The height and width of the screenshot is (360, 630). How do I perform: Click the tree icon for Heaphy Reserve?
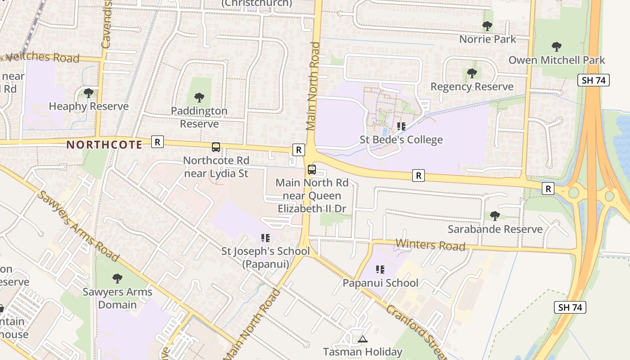(89, 93)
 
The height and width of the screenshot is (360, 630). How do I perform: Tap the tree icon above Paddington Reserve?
(199, 98)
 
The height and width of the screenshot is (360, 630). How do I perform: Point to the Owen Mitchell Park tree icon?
(557, 47)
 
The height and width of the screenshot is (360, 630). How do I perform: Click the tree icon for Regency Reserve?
(472, 73)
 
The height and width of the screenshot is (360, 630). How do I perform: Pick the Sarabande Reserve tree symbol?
(495, 216)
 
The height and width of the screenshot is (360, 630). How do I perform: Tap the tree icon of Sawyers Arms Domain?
(117, 279)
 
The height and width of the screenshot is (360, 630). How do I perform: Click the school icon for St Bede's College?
(401, 126)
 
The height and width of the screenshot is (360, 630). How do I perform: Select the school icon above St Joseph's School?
(265, 238)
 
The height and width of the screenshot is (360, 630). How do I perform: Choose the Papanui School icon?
(380, 270)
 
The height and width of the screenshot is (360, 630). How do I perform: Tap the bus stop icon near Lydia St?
(216, 147)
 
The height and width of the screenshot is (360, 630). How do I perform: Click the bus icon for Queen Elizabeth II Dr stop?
(311, 170)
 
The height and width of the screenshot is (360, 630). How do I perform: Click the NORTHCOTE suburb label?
(104, 144)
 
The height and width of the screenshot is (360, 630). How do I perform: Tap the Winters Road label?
(430, 245)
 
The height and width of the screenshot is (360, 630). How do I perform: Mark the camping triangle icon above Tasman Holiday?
(363, 339)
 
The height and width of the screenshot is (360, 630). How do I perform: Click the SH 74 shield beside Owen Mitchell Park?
(594, 81)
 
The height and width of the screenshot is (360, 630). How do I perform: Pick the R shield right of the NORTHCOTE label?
(157, 142)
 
